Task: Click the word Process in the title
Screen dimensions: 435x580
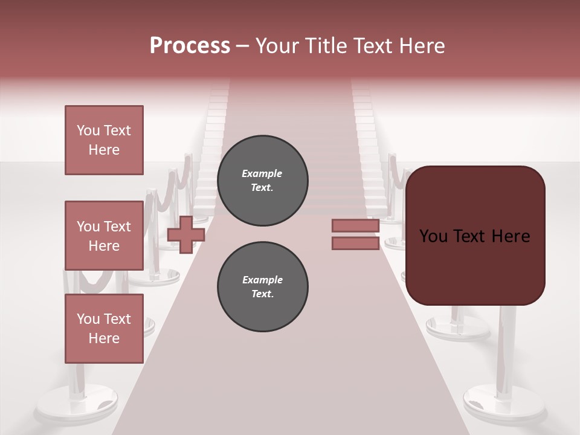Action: (190, 46)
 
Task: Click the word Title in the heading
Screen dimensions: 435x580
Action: (323, 46)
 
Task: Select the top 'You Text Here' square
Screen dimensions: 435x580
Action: (104, 140)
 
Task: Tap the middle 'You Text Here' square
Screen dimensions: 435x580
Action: (104, 236)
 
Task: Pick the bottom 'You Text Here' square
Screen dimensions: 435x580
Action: (104, 329)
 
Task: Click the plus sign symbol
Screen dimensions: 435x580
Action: (185, 234)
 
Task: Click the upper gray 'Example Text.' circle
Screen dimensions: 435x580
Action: (262, 181)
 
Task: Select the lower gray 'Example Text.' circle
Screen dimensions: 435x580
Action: (262, 287)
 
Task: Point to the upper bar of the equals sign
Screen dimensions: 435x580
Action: (355, 225)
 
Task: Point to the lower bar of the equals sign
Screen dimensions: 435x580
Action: (355, 243)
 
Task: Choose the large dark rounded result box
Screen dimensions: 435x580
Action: (475, 236)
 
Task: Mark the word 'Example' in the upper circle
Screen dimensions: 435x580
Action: (262, 174)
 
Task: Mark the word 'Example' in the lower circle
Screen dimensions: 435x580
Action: (262, 280)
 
